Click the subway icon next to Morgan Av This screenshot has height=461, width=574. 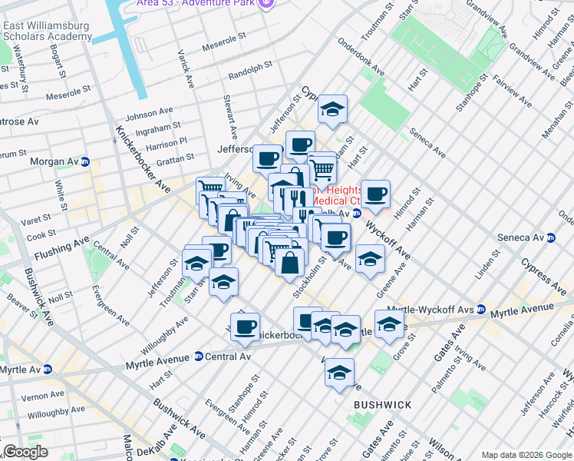tap(85, 162)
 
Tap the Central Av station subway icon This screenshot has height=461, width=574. tap(198, 357)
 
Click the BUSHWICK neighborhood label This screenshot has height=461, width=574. tap(383, 404)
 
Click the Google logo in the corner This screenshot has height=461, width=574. tap(25, 452)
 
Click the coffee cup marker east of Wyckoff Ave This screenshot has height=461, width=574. tap(375, 195)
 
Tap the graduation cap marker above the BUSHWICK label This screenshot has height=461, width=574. tap(339, 373)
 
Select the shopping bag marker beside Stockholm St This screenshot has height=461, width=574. tap(291, 263)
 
